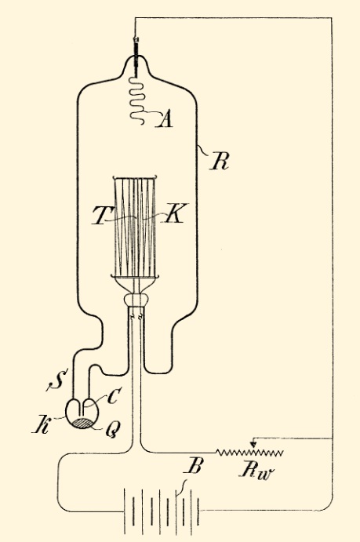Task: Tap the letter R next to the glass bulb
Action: click(220, 162)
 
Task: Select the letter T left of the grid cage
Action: click(100, 216)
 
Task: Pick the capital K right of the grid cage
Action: click(175, 213)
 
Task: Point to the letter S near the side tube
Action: click(56, 381)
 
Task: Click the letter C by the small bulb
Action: click(113, 396)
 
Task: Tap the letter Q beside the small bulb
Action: click(111, 429)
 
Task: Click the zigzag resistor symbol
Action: click(250, 453)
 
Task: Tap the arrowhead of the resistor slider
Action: click(253, 443)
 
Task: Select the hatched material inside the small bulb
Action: click(82, 423)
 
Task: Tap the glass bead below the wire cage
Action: click(136, 300)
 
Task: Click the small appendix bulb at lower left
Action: click(82, 413)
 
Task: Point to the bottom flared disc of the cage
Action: click(135, 276)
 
